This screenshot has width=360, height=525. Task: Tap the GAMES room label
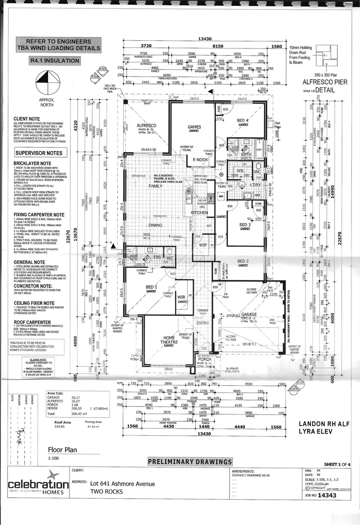[x=193, y=127]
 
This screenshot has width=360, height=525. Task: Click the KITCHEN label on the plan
[x=199, y=212]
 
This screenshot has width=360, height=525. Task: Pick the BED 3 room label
[x=245, y=225]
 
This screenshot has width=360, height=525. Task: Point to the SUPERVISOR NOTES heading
[x=39, y=153]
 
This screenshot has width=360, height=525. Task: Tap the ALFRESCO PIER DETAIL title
[x=329, y=85]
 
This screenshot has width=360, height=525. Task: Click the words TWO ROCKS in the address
[x=106, y=491]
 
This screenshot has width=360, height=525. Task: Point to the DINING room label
[x=155, y=225]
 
